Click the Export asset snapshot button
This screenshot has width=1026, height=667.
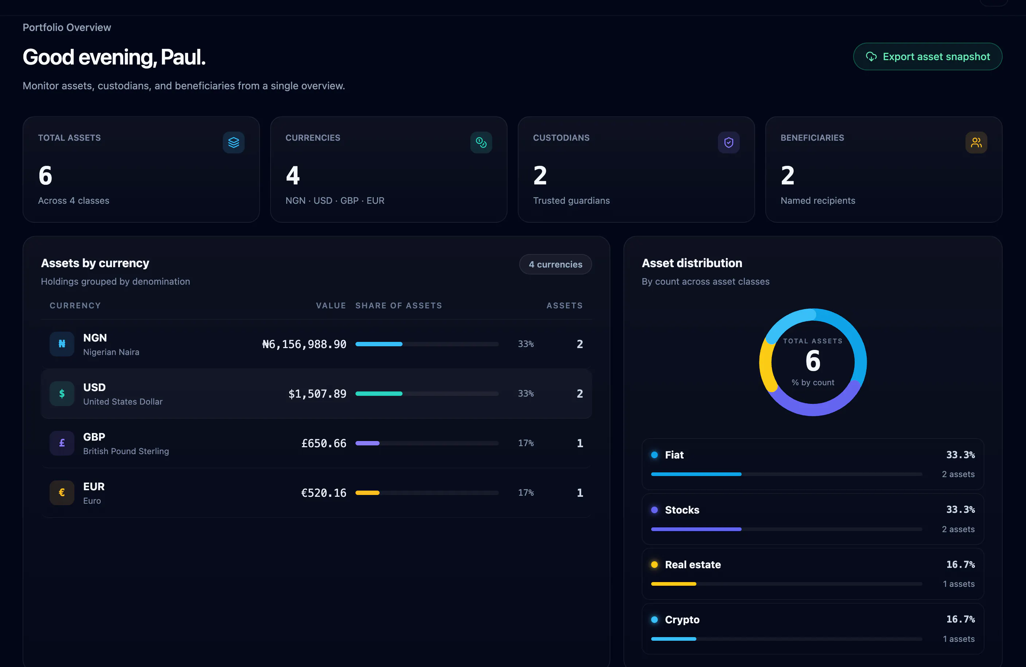927,56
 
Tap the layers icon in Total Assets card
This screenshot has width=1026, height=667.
234,142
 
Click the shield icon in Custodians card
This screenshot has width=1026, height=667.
728,142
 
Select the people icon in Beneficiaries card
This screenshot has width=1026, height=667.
976,142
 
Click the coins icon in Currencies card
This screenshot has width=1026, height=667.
481,142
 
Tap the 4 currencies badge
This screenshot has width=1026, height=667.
555,264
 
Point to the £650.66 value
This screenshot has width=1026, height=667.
324,443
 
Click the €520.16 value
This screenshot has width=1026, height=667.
324,493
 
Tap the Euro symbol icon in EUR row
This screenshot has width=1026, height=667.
62,492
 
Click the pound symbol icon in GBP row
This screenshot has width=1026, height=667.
62,443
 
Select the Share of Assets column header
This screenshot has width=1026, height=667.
399,305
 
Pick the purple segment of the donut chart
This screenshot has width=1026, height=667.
815,410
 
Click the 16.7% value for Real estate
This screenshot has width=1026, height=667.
960,565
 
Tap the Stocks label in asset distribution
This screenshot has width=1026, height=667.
682,510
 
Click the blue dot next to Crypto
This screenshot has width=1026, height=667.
654,620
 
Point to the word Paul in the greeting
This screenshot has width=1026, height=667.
183,57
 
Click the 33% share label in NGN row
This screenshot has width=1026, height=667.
526,344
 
